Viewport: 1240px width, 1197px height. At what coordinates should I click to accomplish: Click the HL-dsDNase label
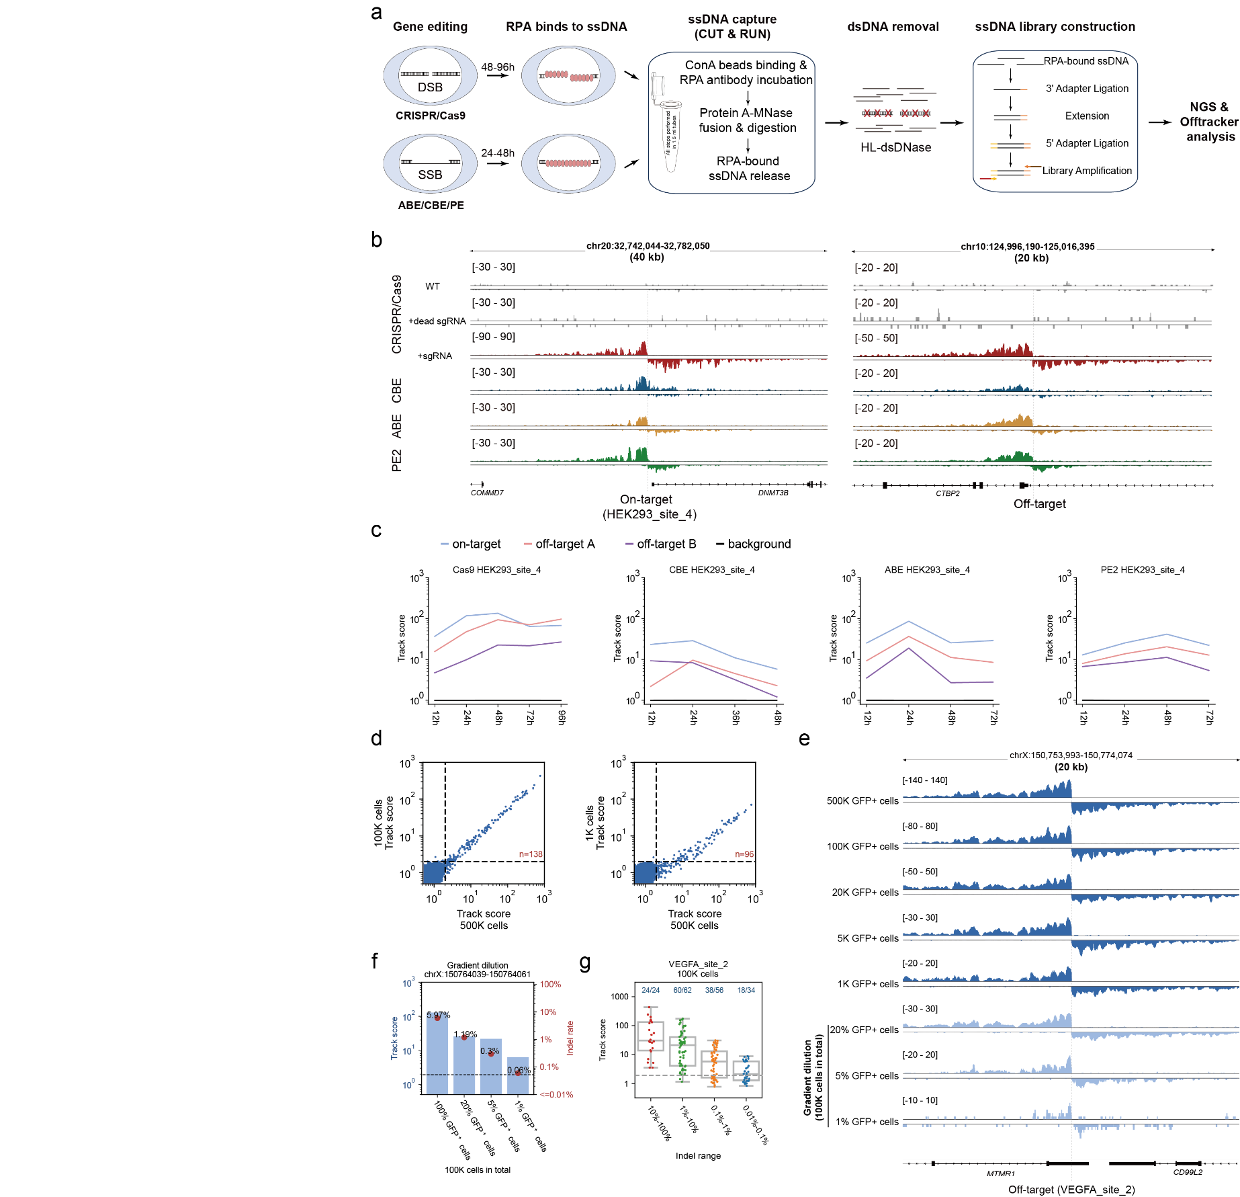tap(895, 148)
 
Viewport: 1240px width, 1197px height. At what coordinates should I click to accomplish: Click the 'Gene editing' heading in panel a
tap(430, 27)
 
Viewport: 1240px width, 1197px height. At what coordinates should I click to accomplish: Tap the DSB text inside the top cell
tap(430, 87)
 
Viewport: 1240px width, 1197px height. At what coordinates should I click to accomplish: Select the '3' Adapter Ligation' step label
tap(1087, 89)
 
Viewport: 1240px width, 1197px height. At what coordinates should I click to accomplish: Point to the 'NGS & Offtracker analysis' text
tap(1209, 122)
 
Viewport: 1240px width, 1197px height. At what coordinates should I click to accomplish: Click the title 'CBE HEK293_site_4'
tap(711, 570)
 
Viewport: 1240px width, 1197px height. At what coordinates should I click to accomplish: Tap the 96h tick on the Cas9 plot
tap(562, 717)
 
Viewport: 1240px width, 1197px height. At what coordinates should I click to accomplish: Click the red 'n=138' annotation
tap(531, 854)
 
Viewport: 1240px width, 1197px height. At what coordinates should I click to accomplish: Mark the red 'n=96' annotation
tap(744, 854)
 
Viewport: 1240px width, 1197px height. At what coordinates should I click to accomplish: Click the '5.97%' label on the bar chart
tap(438, 1015)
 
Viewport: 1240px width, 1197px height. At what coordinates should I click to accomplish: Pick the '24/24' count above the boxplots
tap(650, 990)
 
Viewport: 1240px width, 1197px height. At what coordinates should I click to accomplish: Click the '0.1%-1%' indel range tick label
tap(721, 1119)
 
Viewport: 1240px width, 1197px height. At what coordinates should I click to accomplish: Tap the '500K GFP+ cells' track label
tap(862, 801)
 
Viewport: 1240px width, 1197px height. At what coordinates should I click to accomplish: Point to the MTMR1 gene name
tap(1000, 1173)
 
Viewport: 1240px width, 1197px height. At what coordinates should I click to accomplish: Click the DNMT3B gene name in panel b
tap(773, 493)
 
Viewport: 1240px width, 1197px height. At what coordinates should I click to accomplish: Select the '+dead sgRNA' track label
tap(437, 321)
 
